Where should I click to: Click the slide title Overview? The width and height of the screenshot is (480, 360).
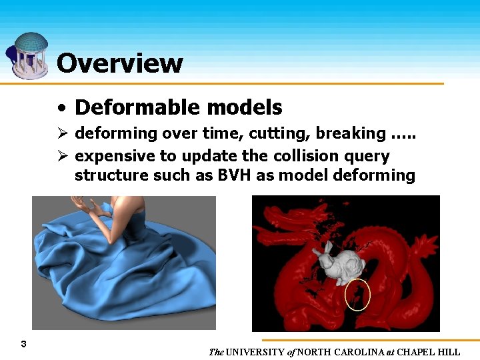[x=119, y=63]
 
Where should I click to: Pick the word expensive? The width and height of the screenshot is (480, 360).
[x=109, y=157]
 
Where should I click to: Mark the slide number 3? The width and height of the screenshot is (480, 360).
[x=23, y=344]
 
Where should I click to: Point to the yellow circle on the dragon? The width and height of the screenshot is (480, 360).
[x=357, y=295]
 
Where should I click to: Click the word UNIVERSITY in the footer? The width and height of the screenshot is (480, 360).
[x=256, y=352]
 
